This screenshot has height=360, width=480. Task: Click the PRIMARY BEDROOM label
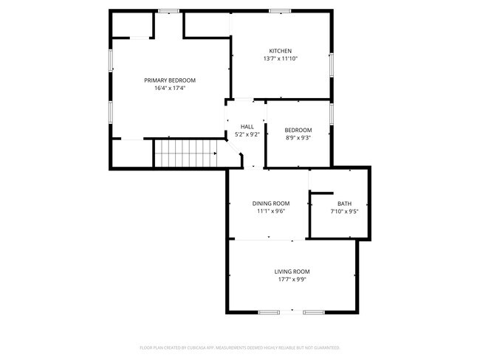click(170, 80)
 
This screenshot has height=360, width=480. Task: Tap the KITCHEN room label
click(280, 51)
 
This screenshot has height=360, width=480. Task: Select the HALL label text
click(247, 127)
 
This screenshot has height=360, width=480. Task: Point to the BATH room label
click(344, 204)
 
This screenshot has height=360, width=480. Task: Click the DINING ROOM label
click(271, 204)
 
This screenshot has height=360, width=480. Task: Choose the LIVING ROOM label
click(292, 271)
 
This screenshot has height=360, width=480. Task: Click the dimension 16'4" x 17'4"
click(170, 88)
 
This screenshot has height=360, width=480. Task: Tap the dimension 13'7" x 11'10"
click(280, 59)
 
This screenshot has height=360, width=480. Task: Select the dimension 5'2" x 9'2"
click(247, 134)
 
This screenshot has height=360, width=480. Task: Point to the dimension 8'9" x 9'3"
click(298, 138)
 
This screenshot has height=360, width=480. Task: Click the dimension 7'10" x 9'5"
click(344, 212)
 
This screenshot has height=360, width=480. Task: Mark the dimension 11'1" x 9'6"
click(271, 211)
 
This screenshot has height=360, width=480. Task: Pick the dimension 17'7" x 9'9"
click(292, 280)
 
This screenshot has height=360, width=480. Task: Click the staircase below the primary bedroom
click(185, 153)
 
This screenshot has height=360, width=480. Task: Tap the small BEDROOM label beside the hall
click(298, 131)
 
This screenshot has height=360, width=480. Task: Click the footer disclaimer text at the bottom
click(239, 347)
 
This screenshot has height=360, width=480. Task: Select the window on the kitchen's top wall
click(279, 11)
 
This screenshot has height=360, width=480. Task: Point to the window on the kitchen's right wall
click(331, 64)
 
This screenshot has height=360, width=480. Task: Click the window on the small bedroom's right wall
click(331, 114)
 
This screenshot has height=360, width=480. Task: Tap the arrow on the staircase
click(215, 153)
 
